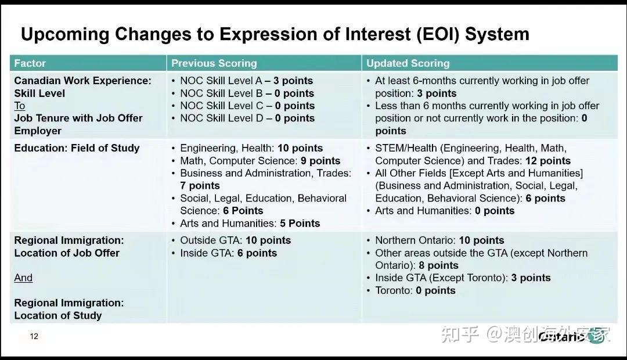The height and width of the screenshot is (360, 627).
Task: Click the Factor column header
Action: (30, 63)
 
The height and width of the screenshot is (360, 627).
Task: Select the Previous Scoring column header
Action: (214, 63)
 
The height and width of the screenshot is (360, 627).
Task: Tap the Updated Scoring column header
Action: (408, 63)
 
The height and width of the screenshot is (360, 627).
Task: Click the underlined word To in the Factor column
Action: (20, 106)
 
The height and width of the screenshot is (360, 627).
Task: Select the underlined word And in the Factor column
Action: (23, 278)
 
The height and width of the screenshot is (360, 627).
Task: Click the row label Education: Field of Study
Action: (77, 148)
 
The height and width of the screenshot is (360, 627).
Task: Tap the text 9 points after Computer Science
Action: (320, 161)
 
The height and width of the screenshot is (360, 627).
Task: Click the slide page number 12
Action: (34, 336)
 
